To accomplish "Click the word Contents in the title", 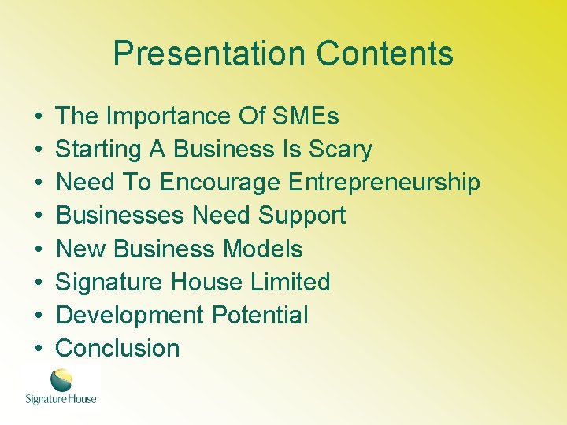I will (x=384, y=54).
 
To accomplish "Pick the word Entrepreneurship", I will (x=384, y=183).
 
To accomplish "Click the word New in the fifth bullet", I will (x=82, y=249).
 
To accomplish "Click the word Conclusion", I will (x=118, y=348).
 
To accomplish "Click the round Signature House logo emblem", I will (x=61, y=380).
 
